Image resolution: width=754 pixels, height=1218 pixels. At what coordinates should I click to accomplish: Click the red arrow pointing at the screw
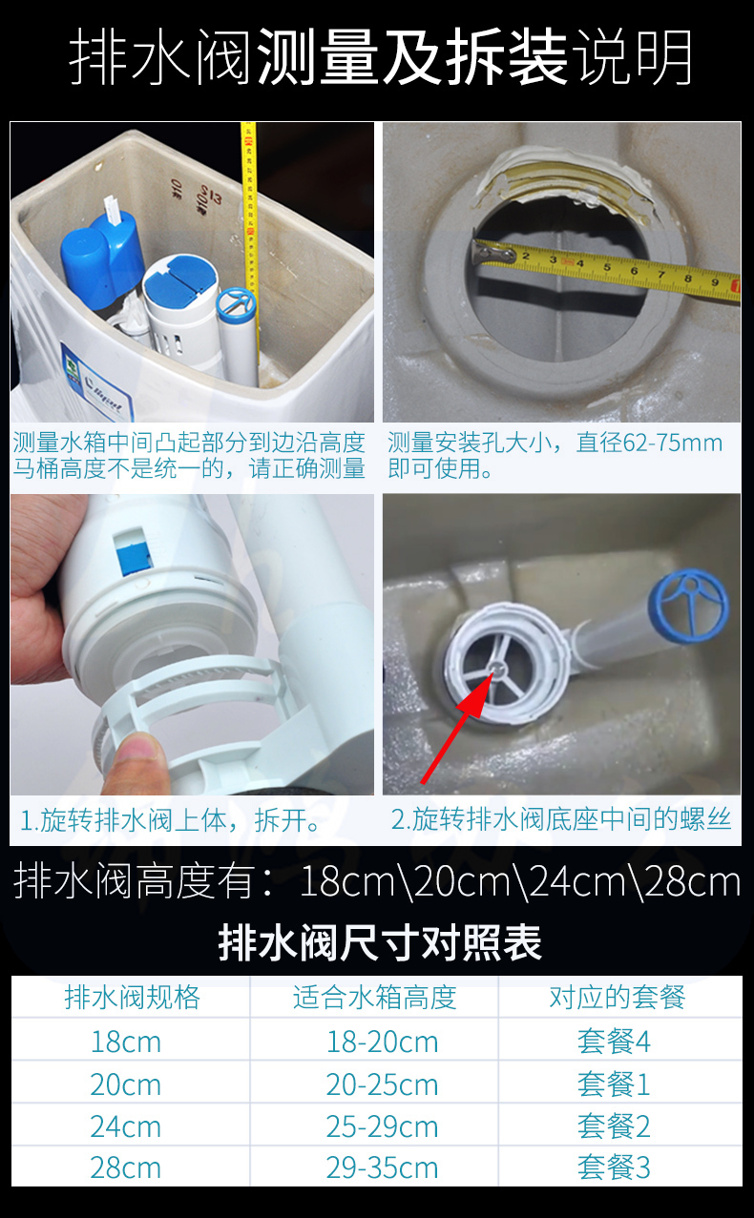coord(457,726)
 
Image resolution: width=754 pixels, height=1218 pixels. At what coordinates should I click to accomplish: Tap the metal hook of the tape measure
coord(493,253)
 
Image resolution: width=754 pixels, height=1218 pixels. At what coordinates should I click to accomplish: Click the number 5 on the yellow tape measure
coord(607,266)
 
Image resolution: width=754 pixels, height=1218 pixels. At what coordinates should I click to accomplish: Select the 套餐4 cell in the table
coord(614,1042)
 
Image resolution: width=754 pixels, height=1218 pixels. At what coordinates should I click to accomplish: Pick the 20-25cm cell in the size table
coord(382,1084)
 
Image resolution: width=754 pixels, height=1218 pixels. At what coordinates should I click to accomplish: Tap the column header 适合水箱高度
coord(374,998)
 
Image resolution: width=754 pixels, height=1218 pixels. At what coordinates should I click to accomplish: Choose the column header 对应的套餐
coord(617,998)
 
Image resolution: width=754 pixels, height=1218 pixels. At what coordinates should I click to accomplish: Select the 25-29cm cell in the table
coord(382,1126)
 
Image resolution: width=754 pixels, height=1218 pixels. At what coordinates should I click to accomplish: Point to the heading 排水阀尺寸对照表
coord(380,942)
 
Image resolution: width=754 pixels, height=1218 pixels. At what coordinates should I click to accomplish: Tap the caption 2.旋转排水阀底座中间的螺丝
coord(561,819)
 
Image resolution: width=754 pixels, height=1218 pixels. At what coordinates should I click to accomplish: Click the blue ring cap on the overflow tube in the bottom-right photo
coord(689,604)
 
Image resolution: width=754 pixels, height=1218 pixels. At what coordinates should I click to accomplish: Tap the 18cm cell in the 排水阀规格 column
coord(126,1042)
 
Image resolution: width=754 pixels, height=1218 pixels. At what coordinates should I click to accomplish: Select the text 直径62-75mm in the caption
coord(650,444)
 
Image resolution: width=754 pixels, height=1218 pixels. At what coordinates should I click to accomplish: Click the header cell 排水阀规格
coord(133,998)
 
